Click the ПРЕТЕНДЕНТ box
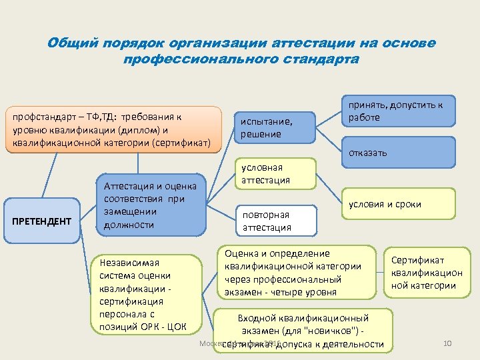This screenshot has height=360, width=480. [41, 221]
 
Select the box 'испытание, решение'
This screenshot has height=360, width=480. [273, 127]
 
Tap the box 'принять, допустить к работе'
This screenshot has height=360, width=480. [395, 111]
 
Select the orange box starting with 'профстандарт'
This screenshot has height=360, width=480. [113, 129]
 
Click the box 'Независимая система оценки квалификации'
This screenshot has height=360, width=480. [145, 293]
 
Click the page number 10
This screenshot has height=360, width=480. [447, 343]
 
